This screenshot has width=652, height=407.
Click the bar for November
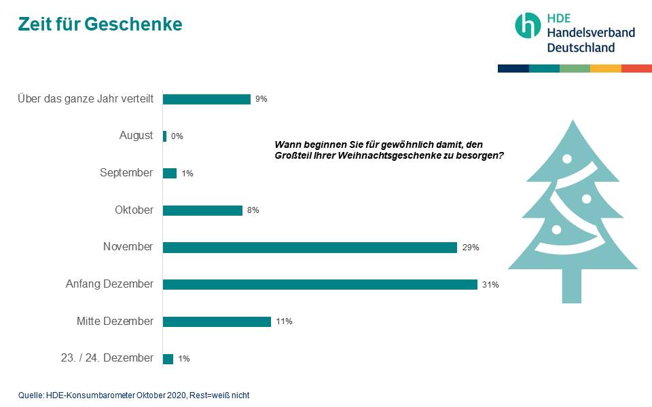(x=310, y=248)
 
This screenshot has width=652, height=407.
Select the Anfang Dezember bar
(x=320, y=285)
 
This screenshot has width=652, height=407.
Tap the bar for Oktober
(x=202, y=210)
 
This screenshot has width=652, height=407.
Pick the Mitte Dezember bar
(x=217, y=322)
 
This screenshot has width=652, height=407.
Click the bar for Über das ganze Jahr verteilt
(x=206, y=99)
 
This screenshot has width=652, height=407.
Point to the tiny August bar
(x=164, y=136)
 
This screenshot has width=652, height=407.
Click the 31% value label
(x=490, y=285)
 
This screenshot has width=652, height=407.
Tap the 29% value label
(x=471, y=248)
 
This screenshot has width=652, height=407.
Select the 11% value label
(x=284, y=322)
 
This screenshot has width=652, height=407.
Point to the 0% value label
(x=177, y=136)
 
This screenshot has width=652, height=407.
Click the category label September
(x=126, y=173)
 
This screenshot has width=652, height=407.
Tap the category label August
(x=136, y=136)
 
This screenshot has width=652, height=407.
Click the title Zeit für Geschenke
(x=100, y=24)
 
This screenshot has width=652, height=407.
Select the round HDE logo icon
(x=528, y=25)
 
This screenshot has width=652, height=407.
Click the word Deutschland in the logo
(x=581, y=47)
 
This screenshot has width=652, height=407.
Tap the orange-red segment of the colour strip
(x=636, y=69)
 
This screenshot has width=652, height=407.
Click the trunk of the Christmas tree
(x=572, y=285)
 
